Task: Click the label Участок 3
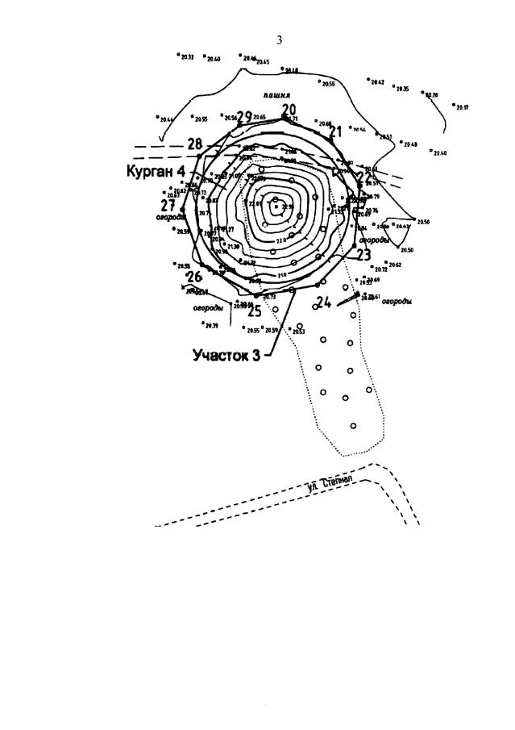pos(226,355)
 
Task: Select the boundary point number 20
pos(289,111)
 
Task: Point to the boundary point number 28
pos(194,144)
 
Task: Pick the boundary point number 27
pos(168,205)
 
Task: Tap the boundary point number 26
pos(193,277)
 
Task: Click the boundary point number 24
pos(323,302)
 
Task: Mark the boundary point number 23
pos(363,255)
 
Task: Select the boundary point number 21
pos(336,131)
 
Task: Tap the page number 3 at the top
pos(279,40)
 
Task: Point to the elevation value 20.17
pos(463,107)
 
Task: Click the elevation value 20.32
pos(187,57)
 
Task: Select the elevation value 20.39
pos(212,326)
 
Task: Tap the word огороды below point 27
pos(171,217)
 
